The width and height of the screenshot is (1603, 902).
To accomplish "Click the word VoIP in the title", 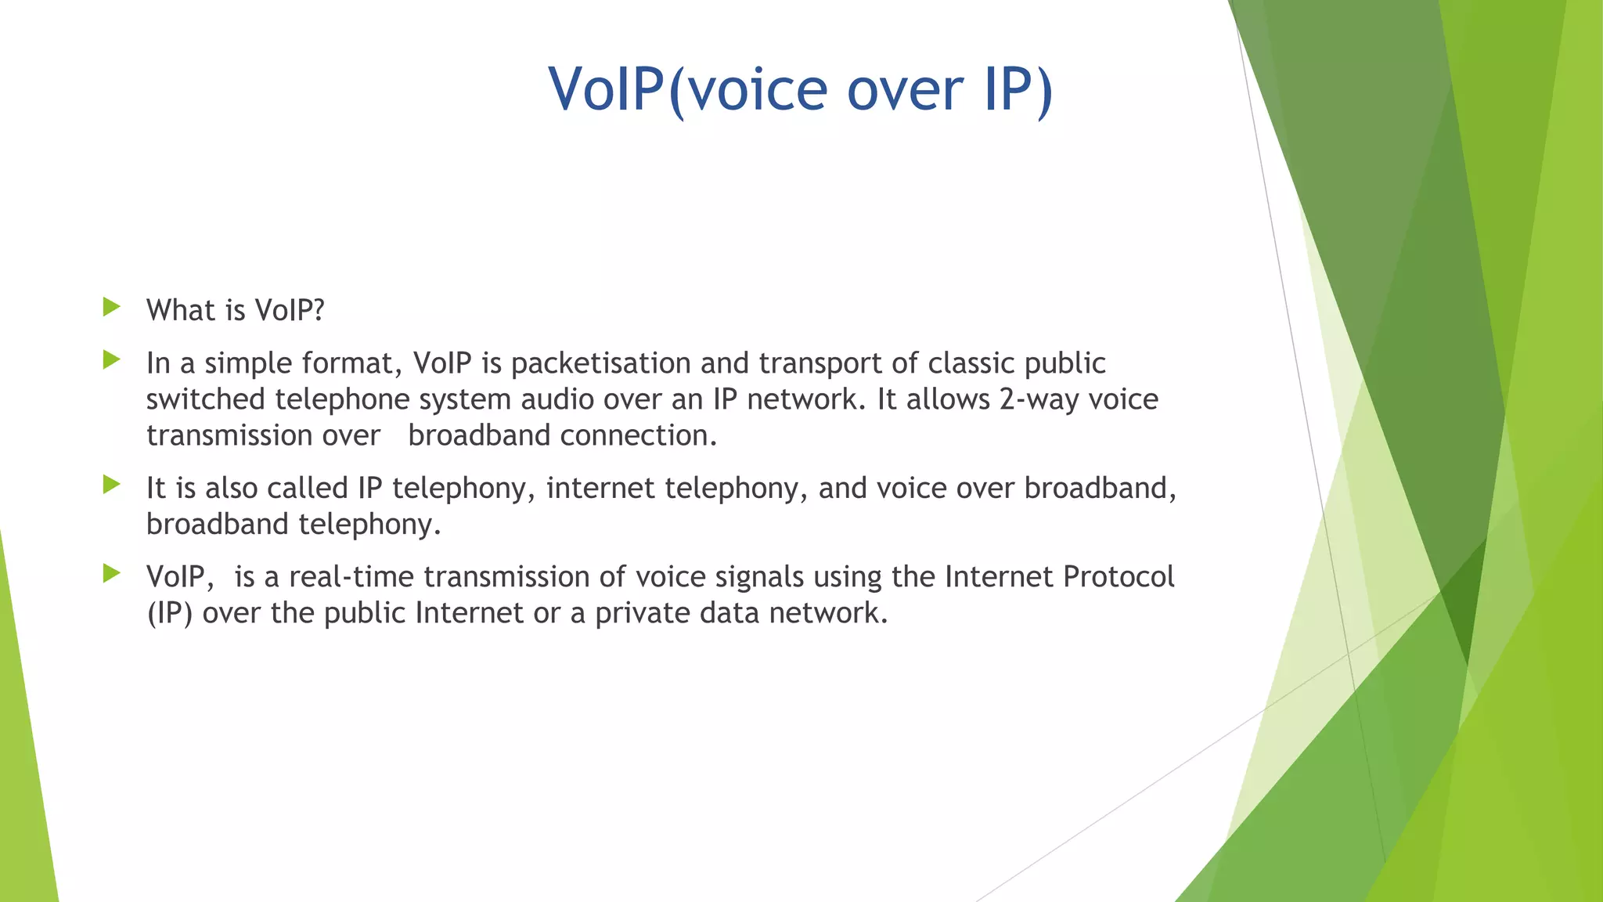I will pos(607,89).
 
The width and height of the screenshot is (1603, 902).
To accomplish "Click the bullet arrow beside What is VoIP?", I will pos(111,307).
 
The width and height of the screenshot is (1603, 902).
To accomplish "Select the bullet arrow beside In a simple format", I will pos(111,360).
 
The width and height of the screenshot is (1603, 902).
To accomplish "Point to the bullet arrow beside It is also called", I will pos(111,485).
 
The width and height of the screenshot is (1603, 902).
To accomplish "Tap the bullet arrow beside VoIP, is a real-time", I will pos(111,574).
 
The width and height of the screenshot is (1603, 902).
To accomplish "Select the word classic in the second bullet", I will pos(971,364).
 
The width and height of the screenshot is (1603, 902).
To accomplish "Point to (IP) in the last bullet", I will pos(170,613).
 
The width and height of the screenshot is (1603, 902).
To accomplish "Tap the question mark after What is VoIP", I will pos(317,311).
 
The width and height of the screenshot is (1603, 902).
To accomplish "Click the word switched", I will pos(206,400).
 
